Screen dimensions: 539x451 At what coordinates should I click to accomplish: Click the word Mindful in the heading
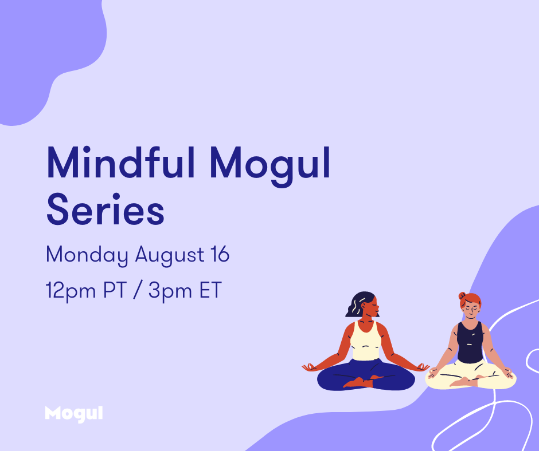coord(121,162)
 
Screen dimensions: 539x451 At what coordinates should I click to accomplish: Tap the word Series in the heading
coord(106,209)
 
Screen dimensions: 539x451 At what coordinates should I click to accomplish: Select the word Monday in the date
coord(87,255)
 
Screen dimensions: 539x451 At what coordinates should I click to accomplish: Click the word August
coord(170,255)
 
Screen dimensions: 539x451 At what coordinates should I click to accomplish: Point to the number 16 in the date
coord(220,254)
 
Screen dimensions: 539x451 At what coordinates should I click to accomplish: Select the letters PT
coord(115,290)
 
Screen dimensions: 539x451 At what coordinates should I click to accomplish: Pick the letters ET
coord(210,290)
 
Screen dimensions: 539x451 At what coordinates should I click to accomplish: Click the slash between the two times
coord(138,290)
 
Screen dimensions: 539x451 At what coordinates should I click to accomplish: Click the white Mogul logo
coord(74,414)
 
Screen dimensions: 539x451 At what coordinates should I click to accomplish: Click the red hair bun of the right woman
coord(462,296)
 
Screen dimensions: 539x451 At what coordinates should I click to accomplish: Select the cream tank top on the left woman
coord(366,342)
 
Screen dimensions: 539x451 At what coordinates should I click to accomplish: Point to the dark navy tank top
coord(470,342)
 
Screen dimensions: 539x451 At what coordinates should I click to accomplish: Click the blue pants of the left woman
coord(366,375)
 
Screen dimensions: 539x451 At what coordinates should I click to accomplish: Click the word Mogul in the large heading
coord(270,165)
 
